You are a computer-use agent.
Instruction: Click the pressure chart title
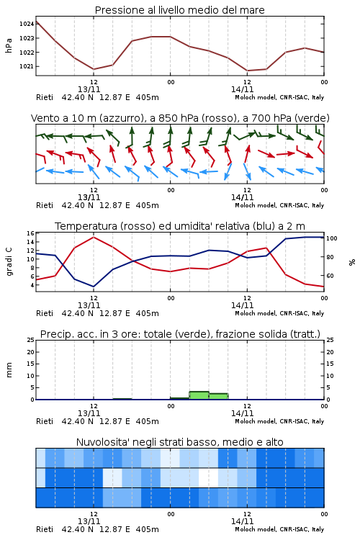point(179,10)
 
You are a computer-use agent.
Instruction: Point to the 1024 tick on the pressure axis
point(27,24)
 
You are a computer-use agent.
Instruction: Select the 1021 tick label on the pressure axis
point(27,66)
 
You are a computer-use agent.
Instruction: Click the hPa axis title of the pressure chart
point(9,45)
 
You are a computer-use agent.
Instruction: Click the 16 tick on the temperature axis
point(30,233)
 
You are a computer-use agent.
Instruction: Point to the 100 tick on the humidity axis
point(331,238)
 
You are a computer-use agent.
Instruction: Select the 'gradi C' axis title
point(9,261)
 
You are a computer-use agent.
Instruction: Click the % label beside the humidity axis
point(352,262)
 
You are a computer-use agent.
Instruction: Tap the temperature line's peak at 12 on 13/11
point(94,237)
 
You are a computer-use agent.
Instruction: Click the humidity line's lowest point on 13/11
point(94,287)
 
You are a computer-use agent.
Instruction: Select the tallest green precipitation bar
point(199,395)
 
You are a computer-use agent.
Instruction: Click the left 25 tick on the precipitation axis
point(31,340)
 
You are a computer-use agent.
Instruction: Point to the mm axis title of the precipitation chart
point(9,369)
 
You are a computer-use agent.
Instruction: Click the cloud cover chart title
point(179,442)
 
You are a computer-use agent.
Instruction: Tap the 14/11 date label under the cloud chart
point(242,521)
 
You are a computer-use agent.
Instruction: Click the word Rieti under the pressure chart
point(45,97)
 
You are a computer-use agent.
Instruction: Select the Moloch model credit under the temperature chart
point(279,313)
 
